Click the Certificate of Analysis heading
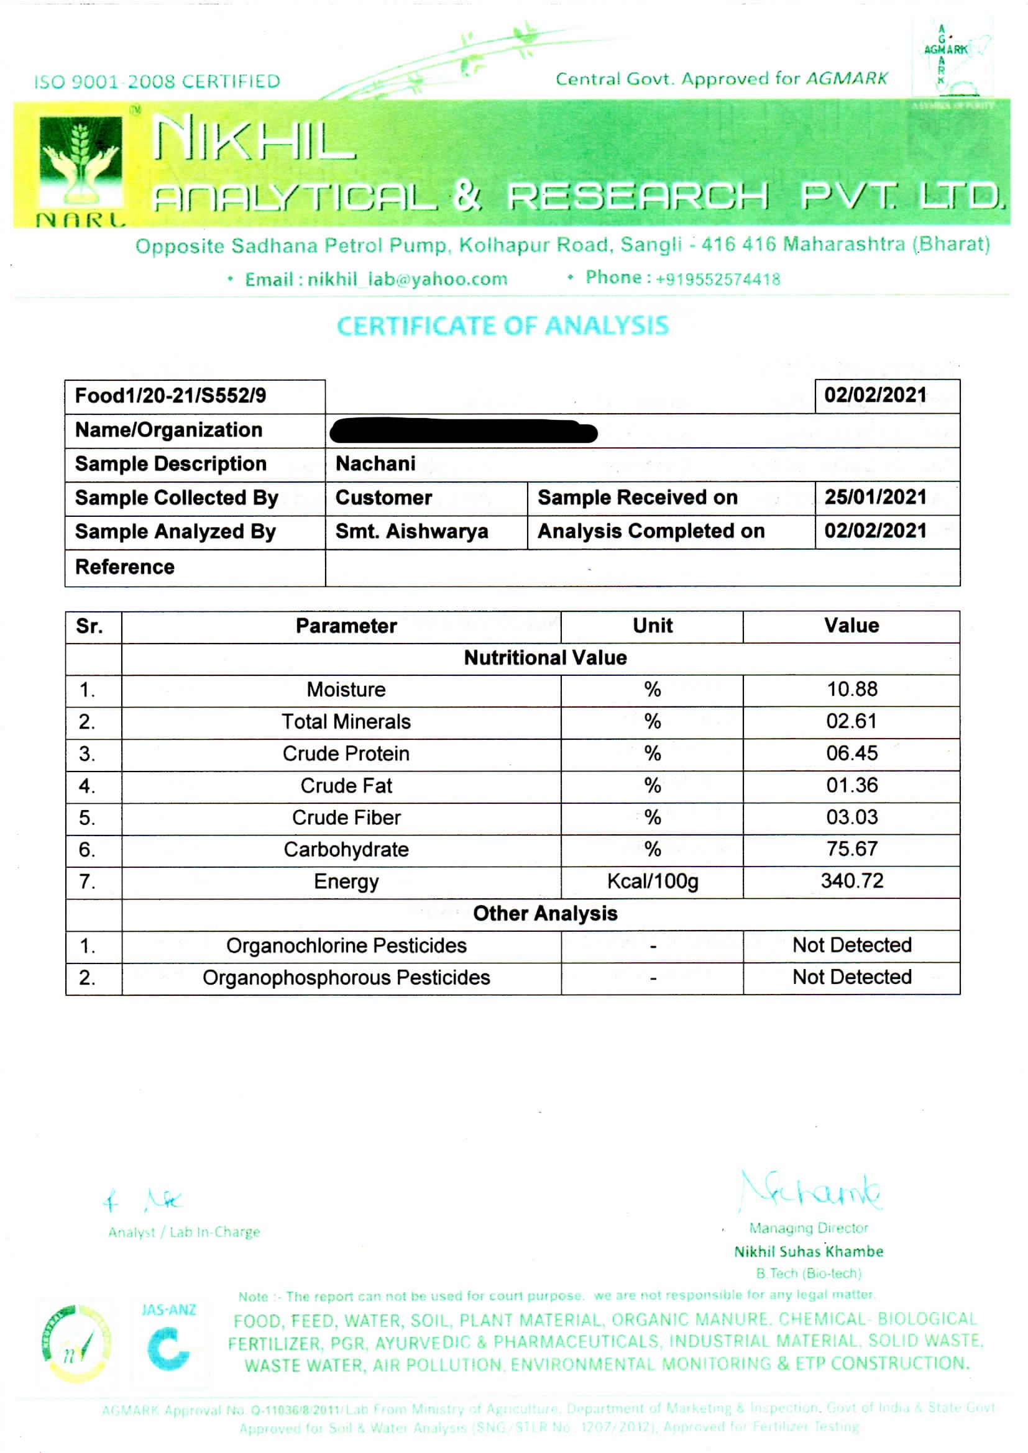[502, 326]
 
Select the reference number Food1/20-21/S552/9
[170, 396]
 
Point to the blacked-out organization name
[464, 431]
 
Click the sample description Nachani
[375, 464]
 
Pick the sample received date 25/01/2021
[875, 498]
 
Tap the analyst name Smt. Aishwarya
[411, 532]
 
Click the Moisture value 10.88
[851, 689]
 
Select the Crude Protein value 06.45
[851, 753]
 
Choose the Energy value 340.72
[851, 881]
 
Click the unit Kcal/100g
[652, 881]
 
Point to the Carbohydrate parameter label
[346, 849]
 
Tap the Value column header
[851, 626]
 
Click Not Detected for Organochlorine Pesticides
[851, 945]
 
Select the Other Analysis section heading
[545, 914]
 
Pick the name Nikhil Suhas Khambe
[809, 1252]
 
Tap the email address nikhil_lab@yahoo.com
[407, 279]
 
